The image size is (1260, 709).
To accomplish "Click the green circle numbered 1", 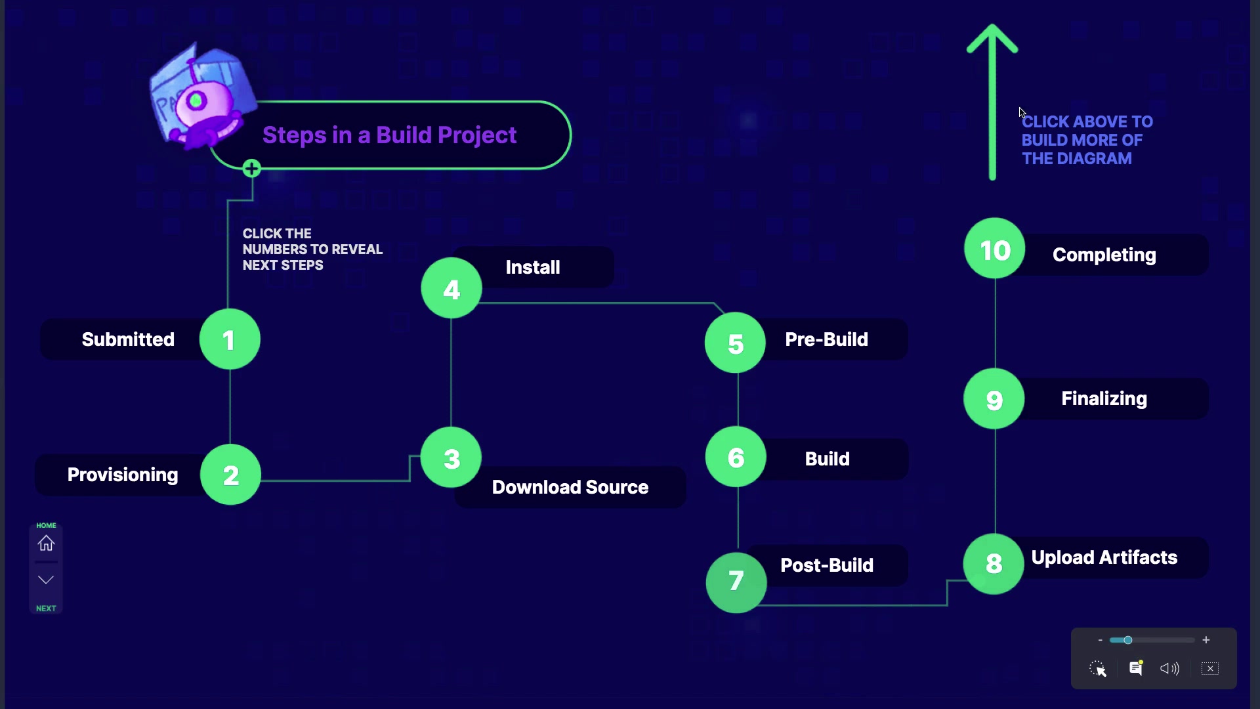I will pyautogui.click(x=230, y=339).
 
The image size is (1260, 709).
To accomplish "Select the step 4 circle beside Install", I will pyautogui.click(x=451, y=288).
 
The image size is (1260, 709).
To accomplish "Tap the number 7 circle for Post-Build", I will pyautogui.click(x=736, y=582).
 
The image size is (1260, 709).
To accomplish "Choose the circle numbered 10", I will pyautogui.click(x=995, y=249).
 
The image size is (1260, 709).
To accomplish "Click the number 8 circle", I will pyautogui.click(x=994, y=564).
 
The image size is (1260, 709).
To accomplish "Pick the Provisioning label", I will pyautogui.click(x=123, y=475).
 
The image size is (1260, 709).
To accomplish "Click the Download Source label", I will pyautogui.click(x=570, y=487).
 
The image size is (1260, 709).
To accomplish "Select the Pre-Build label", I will pyautogui.click(x=826, y=339).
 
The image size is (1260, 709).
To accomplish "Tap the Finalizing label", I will pyautogui.click(x=1104, y=398).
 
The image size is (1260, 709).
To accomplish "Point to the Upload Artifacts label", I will pyautogui.click(x=1104, y=557).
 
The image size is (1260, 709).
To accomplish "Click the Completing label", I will pyautogui.click(x=1104, y=255).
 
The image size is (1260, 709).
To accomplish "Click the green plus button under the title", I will pyautogui.click(x=251, y=169).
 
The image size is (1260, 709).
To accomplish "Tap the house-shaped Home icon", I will pyautogui.click(x=46, y=544).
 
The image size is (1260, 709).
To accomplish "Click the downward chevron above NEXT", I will pyautogui.click(x=46, y=580).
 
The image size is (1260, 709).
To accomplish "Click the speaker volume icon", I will pyautogui.click(x=1169, y=668).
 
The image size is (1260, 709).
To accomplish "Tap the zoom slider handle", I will pyautogui.click(x=1127, y=640).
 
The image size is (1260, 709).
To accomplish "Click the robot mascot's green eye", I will pyautogui.click(x=196, y=101).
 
